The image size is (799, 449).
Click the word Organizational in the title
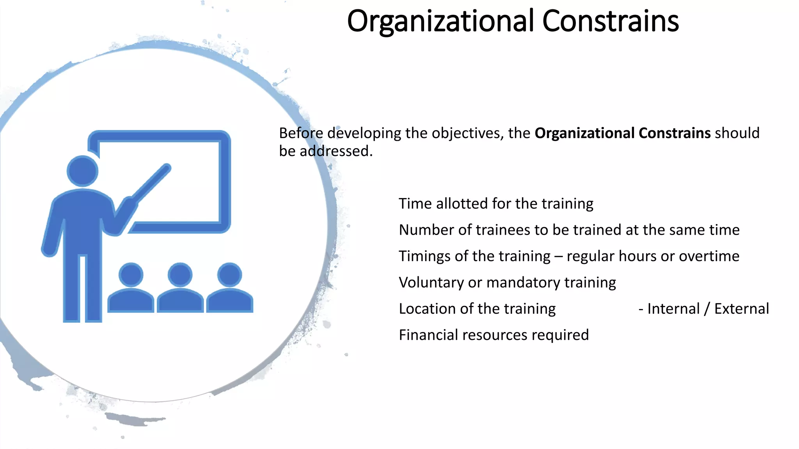[440, 21]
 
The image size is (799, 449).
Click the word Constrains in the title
[610, 21]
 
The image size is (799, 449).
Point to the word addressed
[336, 151]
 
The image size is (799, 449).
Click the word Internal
[673, 309]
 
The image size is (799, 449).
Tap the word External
[741, 309]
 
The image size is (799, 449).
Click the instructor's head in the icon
[82, 171]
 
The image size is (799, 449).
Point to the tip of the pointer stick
[167, 168]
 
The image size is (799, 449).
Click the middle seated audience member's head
[180, 275]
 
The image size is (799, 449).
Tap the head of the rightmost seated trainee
[229, 275]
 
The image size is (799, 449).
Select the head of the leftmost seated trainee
[131, 275]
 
